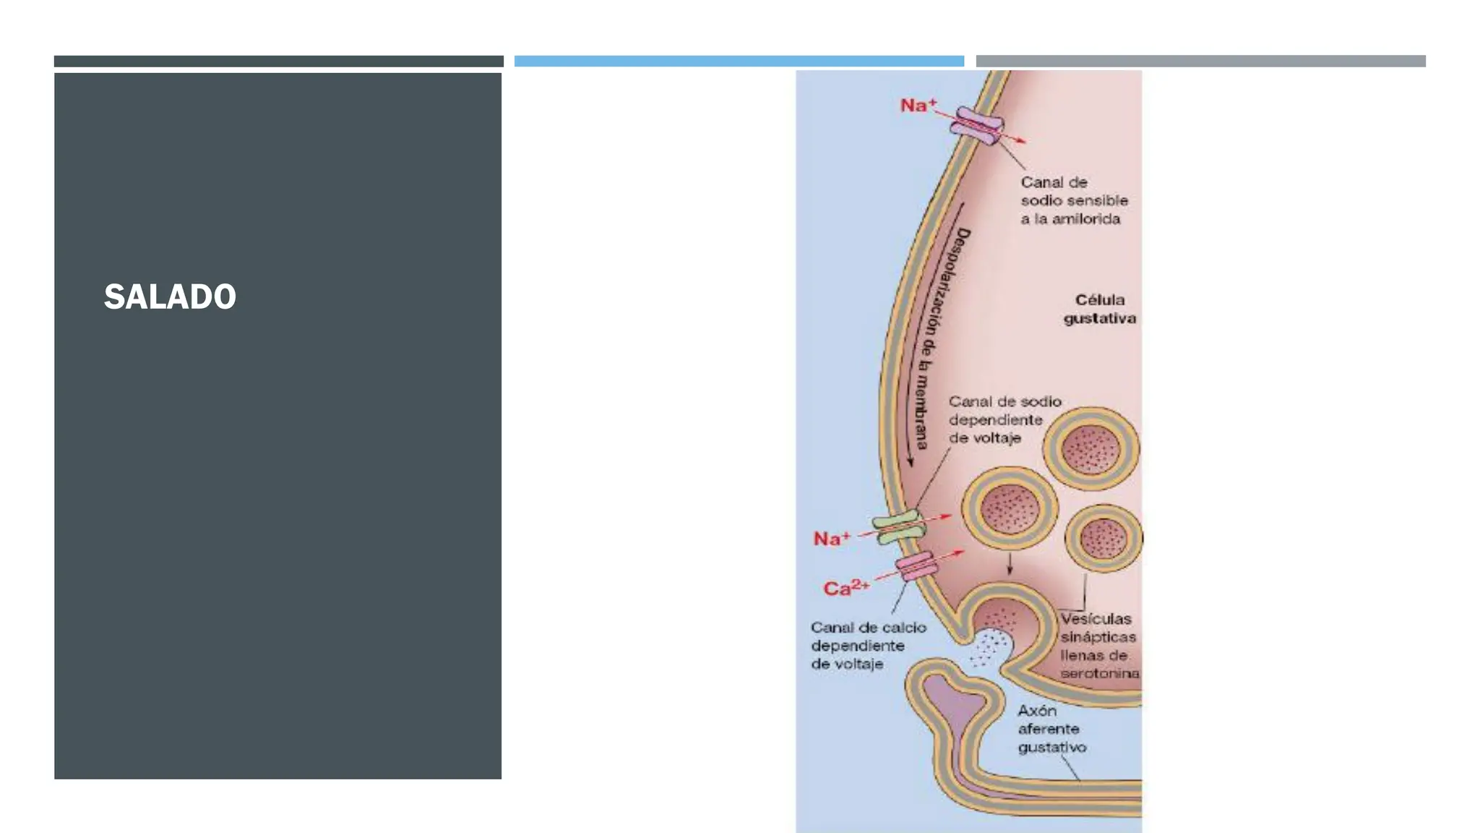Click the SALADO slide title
click(x=170, y=296)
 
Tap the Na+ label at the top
click(x=918, y=106)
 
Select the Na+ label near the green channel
click(x=832, y=539)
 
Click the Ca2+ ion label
click(x=846, y=587)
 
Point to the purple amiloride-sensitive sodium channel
click(x=977, y=127)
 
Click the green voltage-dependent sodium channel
click(x=899, y=527)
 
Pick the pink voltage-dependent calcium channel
click(x=916, y=565)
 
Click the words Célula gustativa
click(x=1100, y=309)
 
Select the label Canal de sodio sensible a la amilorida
click(x=1074, y=200)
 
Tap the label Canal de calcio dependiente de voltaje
click(x=868, y=646)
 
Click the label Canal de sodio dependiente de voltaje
click(x=1004, y=419)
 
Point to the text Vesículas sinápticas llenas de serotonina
click(x=1099, y=646)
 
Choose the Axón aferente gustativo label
click(x=1052, y=729)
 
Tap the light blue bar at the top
click(x=739, y=61)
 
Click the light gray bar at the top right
click(x=1201, y=61)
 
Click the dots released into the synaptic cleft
click(x=990, y=647)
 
